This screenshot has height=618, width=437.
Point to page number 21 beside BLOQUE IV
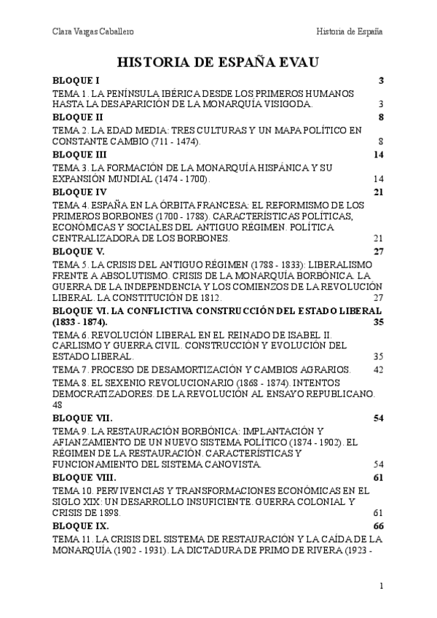pyautogui.click(x=377, y=192)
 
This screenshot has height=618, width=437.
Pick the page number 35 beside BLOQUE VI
pyautogui.click(x=377, y=321)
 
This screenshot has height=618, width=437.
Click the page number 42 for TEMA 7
pyautogui.click(x=377, y=369)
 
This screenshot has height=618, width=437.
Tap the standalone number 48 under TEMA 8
pyautogui.click(x=59, y=404)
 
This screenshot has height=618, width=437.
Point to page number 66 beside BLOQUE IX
pyautogui.click(x=377, y=525)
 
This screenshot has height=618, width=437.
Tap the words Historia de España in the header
pyautogui.click(x=350, y=32)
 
